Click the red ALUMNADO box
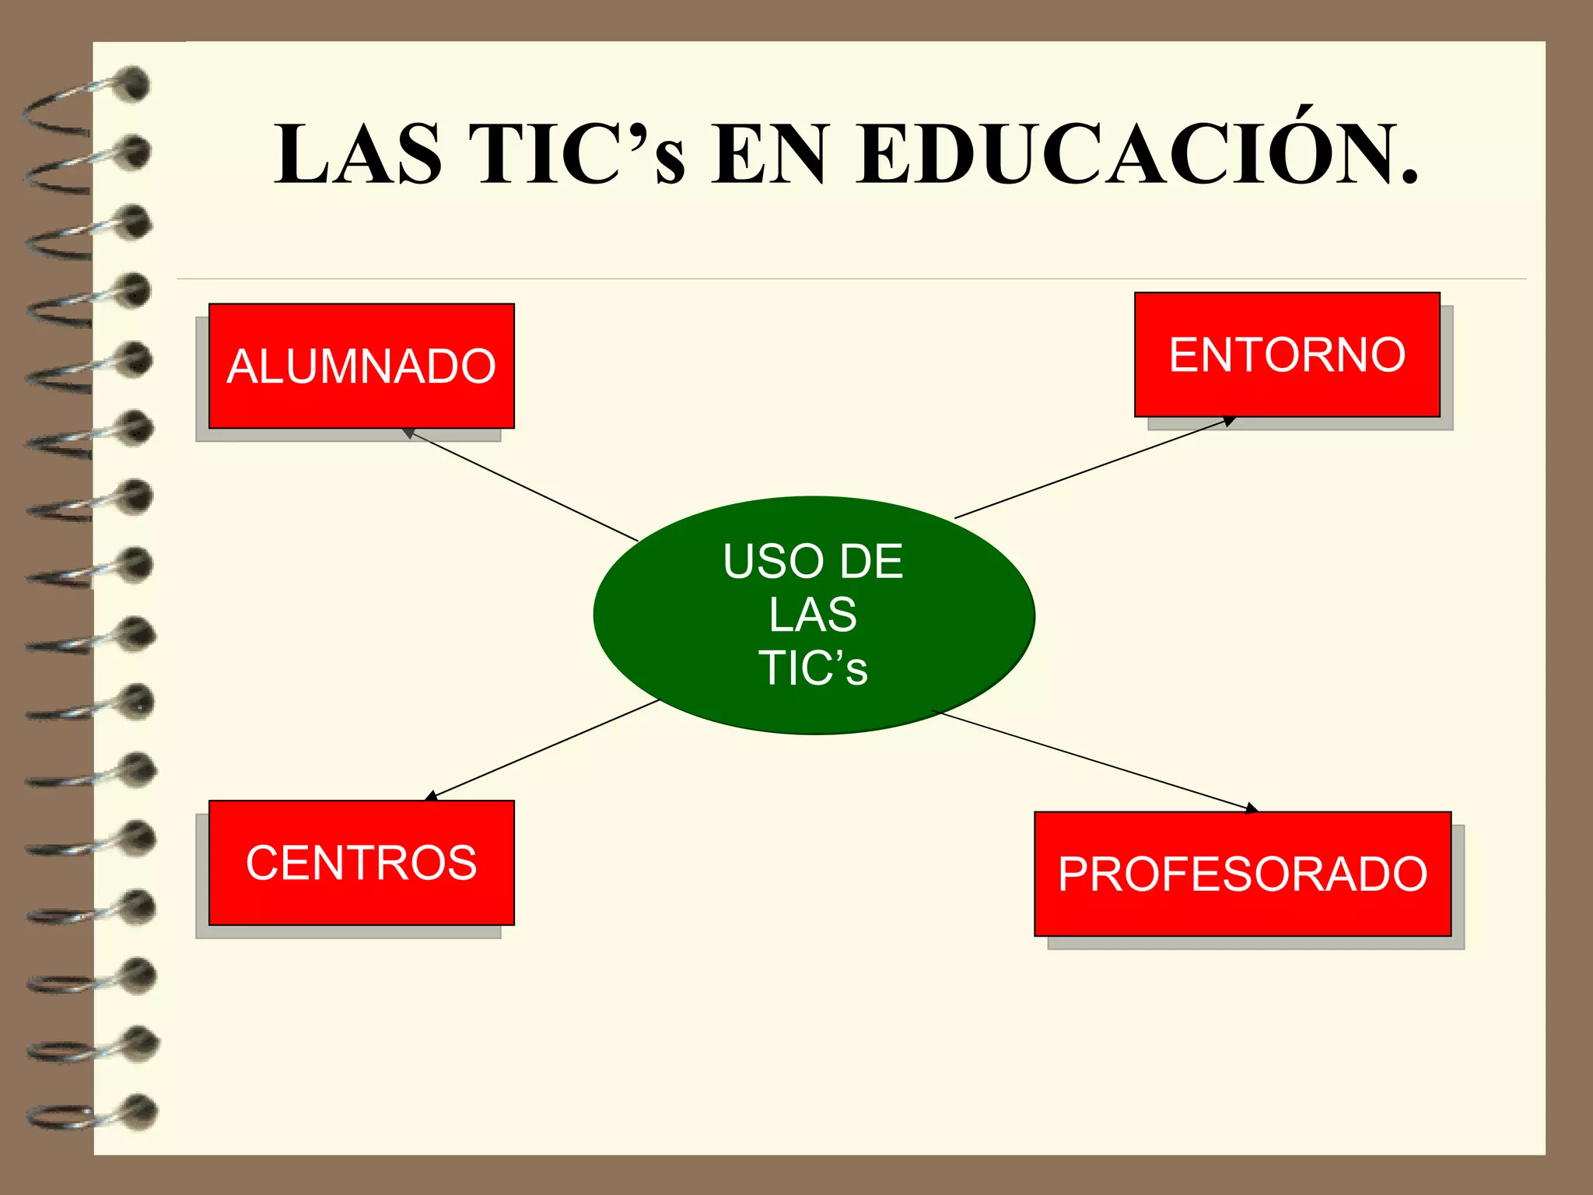point(361,366)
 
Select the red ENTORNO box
point(1287,355)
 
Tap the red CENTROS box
point(361,862)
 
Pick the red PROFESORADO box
point(1242,874)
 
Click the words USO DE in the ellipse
point(813,561)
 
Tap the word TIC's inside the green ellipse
point(813,668)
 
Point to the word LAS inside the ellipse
point(813,615)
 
